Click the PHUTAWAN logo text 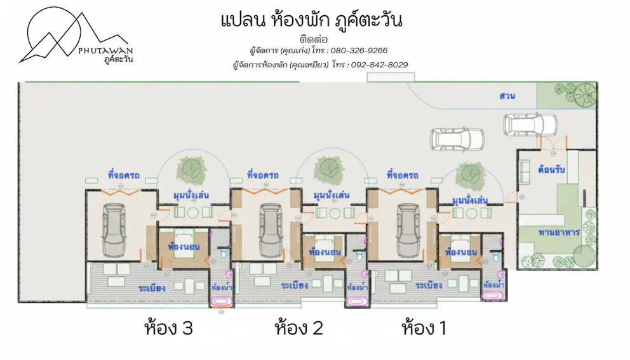click(105, 51)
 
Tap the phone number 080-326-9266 click(359, 51)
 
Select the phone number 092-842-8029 click(379, 65)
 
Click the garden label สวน click(507, 96)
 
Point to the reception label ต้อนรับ click(551, 169)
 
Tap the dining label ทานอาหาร click(559, 232)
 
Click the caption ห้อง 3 click(169, 328)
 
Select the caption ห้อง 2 click(299, 328)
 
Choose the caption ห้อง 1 click(424, 328)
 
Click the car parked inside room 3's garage click(114, 230)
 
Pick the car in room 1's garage click(408, 230)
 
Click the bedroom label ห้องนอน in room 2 click(325, 252)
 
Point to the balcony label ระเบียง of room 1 click(429, 285)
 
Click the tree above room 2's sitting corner click(330, 169)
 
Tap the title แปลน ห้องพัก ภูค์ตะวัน click(312, 20)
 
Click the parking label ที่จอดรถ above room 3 click(123, 175)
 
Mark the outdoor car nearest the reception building click(530, 125)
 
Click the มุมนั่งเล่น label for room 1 click(469, 200)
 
